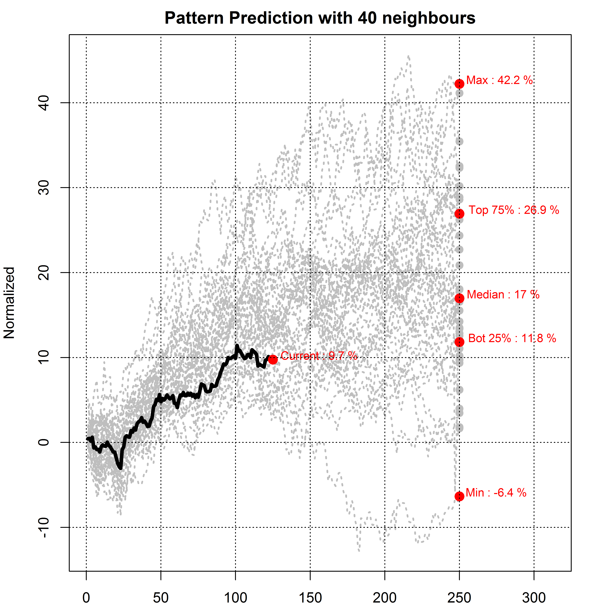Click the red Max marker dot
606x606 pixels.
click(459, 84)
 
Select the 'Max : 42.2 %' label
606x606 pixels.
click(499, 80)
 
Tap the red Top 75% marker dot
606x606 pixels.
click(459, 214)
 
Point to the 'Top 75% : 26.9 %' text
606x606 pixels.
click(514, 210)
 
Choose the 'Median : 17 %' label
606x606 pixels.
click(503, 295)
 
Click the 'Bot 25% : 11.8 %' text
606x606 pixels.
click(512, 338)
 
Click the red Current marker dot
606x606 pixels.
click(273, 359)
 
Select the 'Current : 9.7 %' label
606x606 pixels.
click(319, 356)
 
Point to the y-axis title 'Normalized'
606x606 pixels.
click(9, 303)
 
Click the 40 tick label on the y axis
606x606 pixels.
click(44, 103)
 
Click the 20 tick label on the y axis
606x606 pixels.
click(44, 273)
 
